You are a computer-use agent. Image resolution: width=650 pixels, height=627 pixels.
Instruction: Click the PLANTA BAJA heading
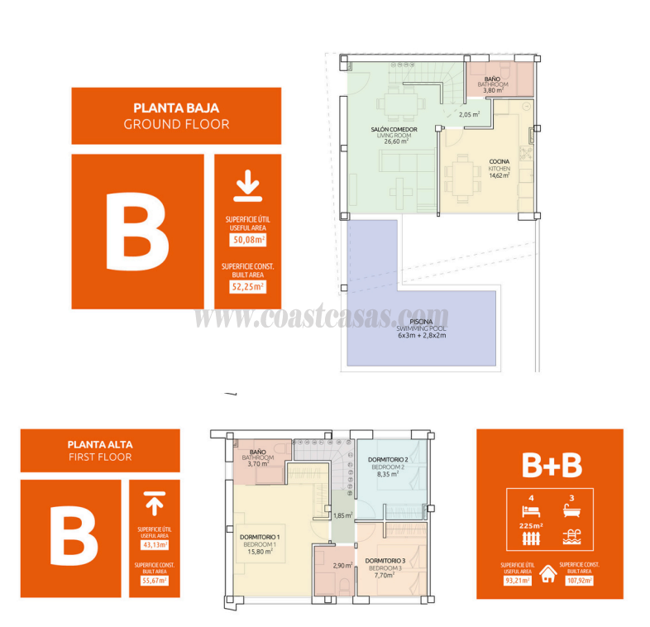click(176, 108)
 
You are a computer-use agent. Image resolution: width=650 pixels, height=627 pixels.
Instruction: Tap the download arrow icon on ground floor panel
click(247, 186)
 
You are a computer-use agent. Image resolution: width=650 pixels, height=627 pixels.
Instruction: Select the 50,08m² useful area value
click(247, 241)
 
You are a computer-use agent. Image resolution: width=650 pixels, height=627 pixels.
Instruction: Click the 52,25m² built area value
click(247, 287)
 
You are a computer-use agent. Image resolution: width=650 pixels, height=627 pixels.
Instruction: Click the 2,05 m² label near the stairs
click(469, 115)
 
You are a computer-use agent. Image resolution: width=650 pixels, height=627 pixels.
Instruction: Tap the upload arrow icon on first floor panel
click(154, 503)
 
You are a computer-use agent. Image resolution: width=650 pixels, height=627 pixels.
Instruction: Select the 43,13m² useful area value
click(155, 545)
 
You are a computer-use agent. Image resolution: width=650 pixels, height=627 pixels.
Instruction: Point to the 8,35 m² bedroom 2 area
click(387, 475)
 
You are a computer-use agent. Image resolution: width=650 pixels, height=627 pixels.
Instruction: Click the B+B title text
click(552, 466)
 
